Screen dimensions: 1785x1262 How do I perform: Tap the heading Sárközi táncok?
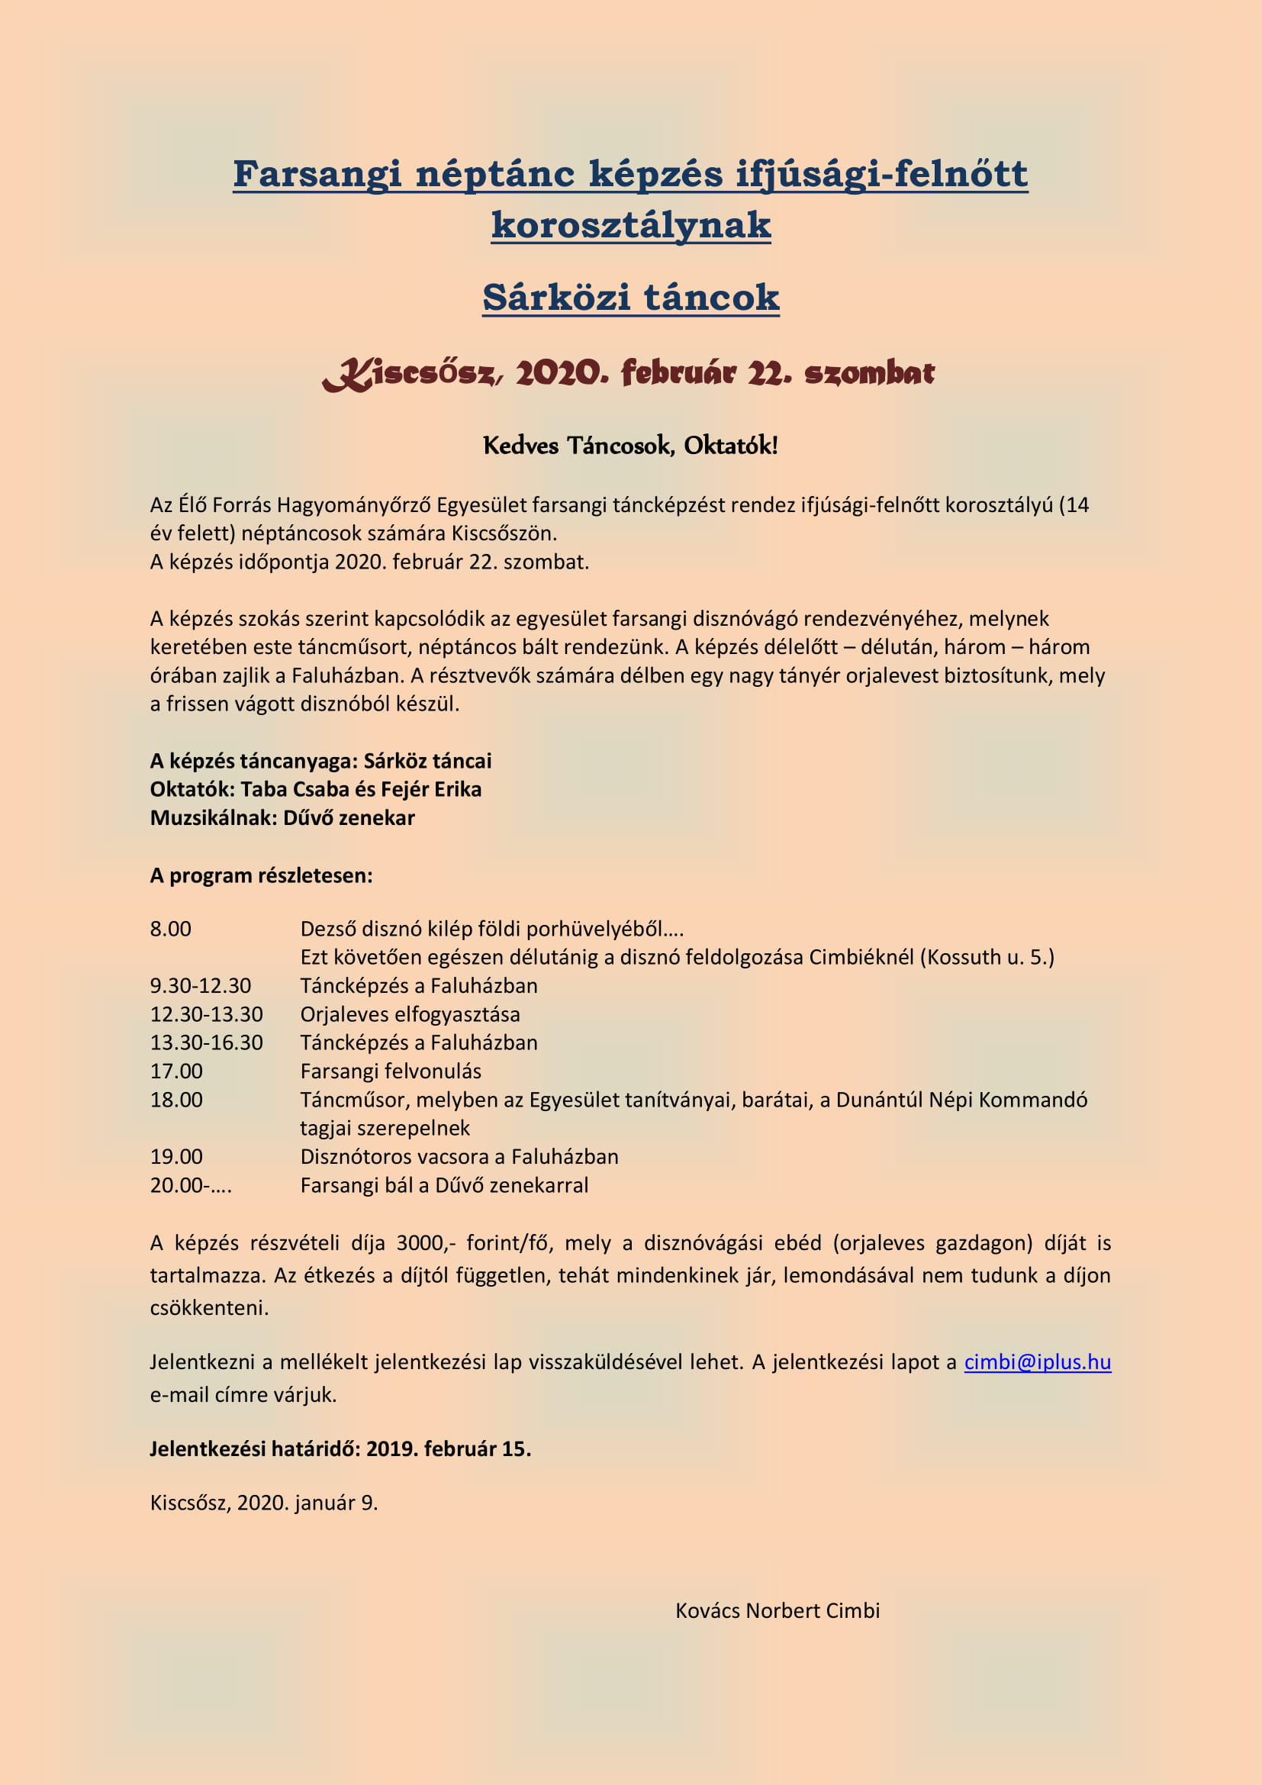[x=630, y=297]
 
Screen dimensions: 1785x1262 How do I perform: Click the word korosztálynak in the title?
[x=630, y=224]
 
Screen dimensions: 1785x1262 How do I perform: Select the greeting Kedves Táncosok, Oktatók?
[x=630, y=446]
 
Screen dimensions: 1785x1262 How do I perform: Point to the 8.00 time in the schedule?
[x=170, y=929]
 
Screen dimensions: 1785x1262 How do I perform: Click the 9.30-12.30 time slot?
[x=201, y=986]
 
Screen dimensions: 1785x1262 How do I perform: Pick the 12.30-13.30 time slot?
[x=206, y=1014]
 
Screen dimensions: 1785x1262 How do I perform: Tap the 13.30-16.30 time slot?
[x=206, y=1042]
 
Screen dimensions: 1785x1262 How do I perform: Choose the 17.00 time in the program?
[x=176, y=1071]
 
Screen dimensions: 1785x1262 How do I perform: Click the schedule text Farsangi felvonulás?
[x=390, y=1071]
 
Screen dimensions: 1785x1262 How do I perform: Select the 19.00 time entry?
[x=176, y=1157]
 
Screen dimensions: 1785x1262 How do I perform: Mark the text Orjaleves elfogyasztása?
[x=410, y=1014]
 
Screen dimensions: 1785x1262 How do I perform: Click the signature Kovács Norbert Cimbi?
[x=777, y=1611]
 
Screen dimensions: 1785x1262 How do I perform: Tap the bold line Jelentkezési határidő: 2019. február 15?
[x=340, y=1449]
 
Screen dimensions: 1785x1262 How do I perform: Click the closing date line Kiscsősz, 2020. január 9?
[x=263, y=1503]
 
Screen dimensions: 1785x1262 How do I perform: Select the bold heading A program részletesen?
[x=261, y=875]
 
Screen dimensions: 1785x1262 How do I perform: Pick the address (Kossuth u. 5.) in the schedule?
[x=987, y=957]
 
